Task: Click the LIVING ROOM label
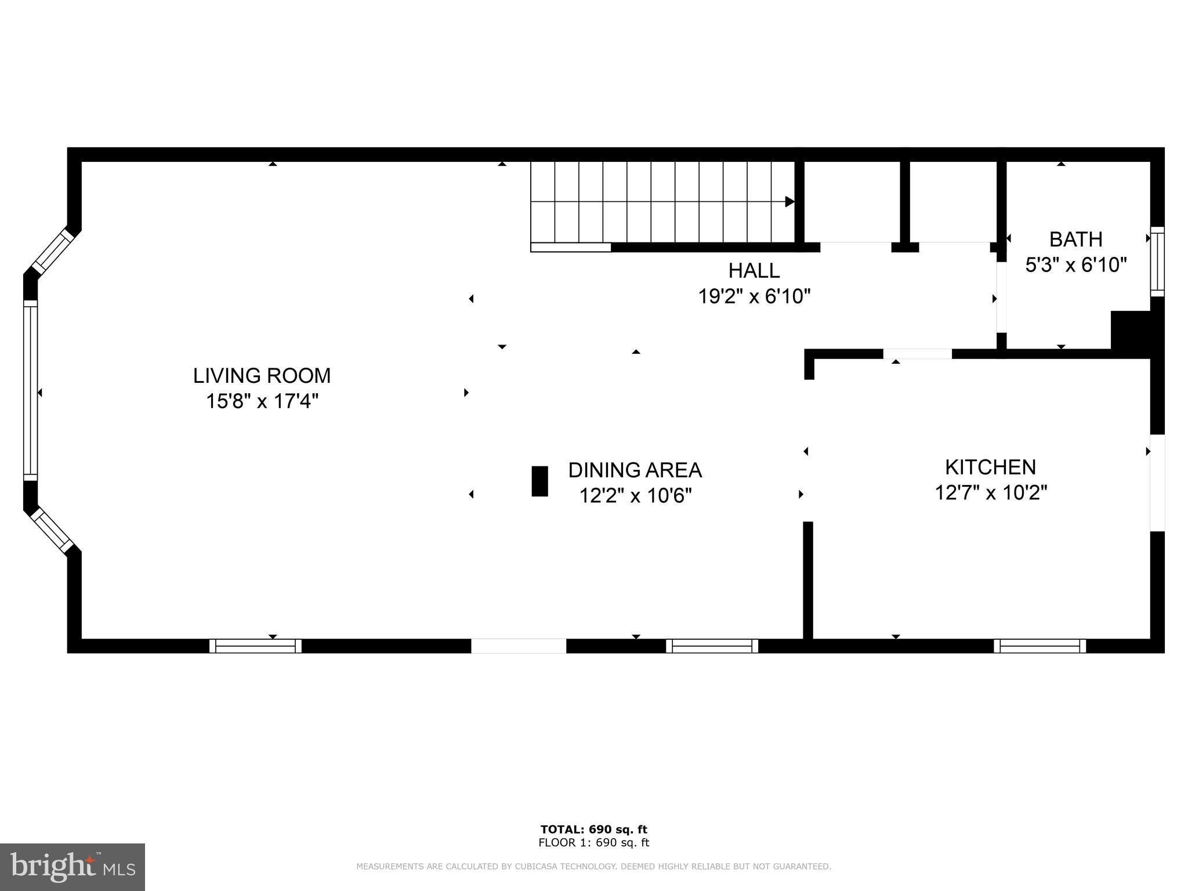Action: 262,376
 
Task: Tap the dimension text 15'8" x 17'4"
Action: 262,401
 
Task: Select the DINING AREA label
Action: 635,470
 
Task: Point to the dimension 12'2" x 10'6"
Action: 635,496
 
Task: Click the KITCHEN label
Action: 990,467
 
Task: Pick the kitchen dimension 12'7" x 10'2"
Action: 990,493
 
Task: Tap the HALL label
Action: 754,270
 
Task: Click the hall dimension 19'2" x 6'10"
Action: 754,296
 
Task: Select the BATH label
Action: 1075,239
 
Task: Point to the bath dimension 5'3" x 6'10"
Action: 1075,265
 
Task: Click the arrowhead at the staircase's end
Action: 789,201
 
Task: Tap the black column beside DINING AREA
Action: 539,481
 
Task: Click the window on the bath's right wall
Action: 1157,262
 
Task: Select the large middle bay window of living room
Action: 30,392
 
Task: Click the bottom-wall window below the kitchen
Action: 1039,646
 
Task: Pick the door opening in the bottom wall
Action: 518,646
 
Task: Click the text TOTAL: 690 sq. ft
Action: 593,829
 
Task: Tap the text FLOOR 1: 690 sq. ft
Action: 593,843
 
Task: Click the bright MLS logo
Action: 72,867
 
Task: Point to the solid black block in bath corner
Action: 1130,330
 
